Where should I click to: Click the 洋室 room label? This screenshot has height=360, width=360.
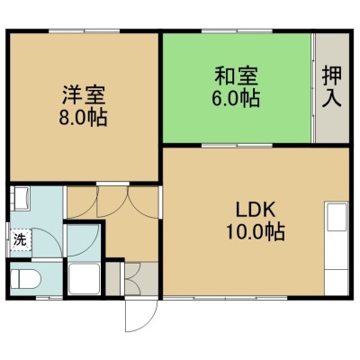tap(84, 95)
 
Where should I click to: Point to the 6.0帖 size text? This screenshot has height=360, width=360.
tap(236, 98)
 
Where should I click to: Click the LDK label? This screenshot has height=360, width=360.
tap(256, 211)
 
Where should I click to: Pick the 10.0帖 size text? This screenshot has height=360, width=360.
tap(256, 232)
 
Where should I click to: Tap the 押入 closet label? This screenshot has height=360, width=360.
tap(332, 86)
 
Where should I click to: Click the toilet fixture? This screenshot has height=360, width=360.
tap(25, 279)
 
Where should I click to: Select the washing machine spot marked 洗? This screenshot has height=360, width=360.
tap(21, 239)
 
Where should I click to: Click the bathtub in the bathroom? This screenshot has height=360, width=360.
tap(84, 279)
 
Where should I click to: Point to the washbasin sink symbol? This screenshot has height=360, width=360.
tap(21, 198)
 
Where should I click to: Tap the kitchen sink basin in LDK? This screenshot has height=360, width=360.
tap(337, 217)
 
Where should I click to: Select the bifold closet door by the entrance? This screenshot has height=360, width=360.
tap(132, 279)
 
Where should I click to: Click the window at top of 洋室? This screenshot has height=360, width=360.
tap(85, 31)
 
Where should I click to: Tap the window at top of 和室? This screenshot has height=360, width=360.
tap(237, 31)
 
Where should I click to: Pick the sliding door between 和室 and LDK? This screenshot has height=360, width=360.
tap(237, 146)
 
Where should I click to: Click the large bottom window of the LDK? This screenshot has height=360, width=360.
tap(225, 298)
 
